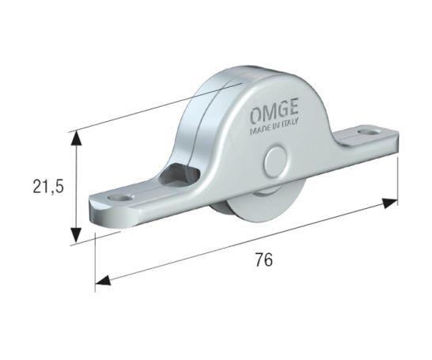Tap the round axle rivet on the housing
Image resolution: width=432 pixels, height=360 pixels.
(x=276, y=161)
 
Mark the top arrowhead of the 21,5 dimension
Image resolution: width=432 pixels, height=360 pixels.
(x=76, y=139)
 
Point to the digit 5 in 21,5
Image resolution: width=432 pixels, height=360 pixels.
(x=59, y=187)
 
